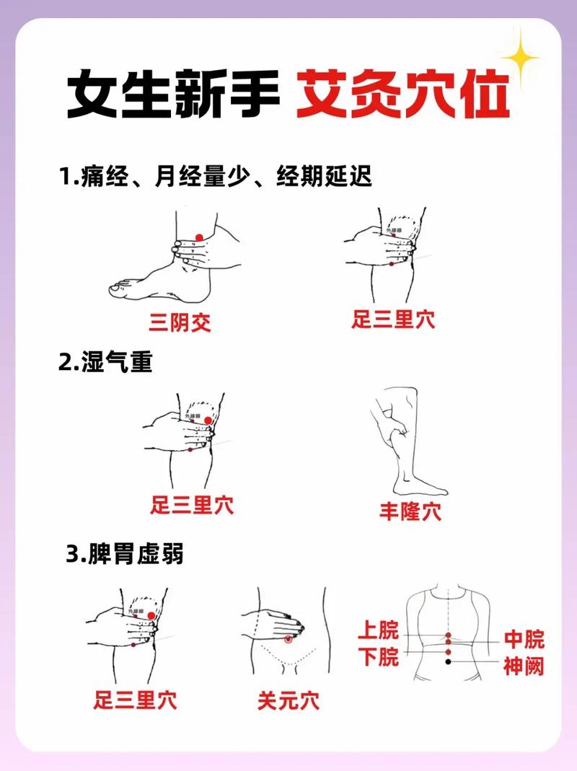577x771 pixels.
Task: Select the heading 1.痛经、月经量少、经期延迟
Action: click(x=216, y=176)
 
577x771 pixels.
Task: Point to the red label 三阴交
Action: click(x=180, y=322)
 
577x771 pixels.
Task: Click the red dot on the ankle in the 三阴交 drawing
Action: click(x=200, y=238)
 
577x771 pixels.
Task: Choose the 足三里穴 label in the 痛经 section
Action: click(x=393, y=320)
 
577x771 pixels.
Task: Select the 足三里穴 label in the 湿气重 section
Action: click(x=192, y=504)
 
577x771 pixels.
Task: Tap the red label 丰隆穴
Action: click(x=410, y=512)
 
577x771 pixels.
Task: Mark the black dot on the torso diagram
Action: click(x=448, y=661)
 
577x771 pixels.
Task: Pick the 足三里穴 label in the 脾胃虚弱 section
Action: click(x=135, y=699)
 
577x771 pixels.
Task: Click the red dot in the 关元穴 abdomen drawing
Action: click(x=288, y=639)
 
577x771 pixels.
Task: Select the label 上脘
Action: click(x=379, y=632)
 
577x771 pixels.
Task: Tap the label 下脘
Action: click(x=379, y=657)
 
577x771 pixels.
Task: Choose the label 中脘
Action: click(x=524, y=639)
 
